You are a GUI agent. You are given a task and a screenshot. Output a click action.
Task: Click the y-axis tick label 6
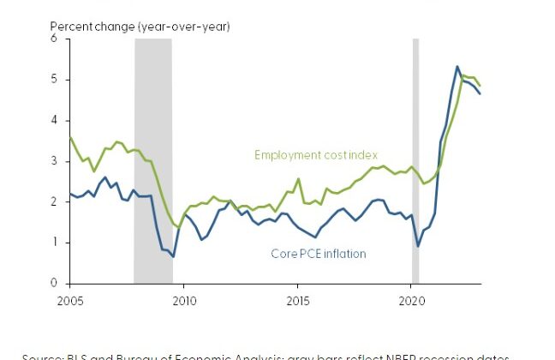click(53, 39)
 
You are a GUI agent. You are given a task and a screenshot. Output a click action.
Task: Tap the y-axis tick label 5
click(53, 80)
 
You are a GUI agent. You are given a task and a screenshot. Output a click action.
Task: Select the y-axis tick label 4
click(53, 120)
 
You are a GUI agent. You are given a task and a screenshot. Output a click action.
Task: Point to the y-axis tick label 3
click(53, 161)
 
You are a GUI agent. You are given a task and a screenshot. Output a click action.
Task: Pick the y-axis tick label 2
click(53, 201)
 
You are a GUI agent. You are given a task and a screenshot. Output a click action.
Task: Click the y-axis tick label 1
click(53, 243)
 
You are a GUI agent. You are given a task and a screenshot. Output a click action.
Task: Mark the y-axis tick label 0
click(53, 283)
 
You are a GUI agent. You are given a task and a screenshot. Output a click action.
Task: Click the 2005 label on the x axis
click(70, 301)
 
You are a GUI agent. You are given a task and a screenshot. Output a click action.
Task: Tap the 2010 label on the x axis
click(184, 301)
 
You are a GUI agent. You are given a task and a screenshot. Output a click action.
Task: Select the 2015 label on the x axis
click(298, 301)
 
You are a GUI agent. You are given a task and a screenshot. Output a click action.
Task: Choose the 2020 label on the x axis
click(412, 301)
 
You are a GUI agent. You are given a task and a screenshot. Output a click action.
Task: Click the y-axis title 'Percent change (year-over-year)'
click(140, 27)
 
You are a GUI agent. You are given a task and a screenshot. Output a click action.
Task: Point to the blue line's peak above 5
click(457, 66)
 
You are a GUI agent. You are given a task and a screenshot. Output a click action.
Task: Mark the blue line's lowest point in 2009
click(173, 256)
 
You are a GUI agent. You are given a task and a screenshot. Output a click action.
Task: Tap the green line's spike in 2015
click(298, 179)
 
